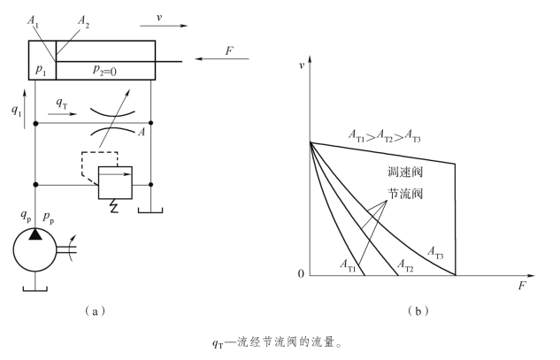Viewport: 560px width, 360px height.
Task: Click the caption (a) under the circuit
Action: point(90,310)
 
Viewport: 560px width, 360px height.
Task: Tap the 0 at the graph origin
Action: point(301,275)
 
